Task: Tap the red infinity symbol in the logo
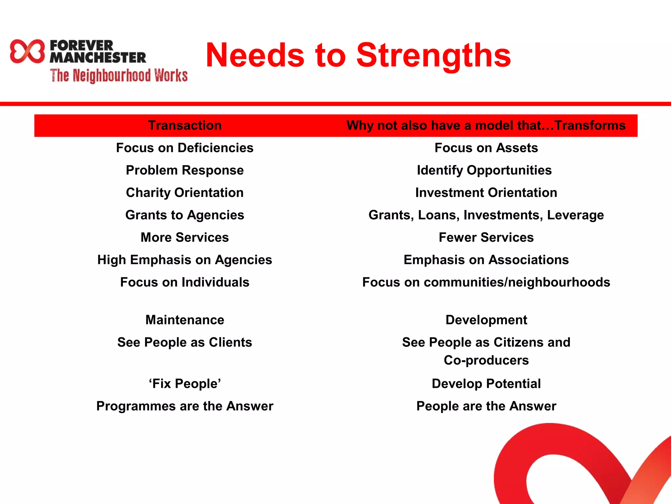27,51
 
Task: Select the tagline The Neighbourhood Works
119,75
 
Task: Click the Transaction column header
185,125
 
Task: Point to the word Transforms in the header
590,125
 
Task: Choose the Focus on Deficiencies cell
185,148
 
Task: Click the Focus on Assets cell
486,148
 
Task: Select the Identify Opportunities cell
484,170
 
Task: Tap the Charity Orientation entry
185,193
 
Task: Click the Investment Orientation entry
486,193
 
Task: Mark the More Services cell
185,237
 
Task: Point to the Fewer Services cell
486,237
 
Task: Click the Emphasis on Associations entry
486,260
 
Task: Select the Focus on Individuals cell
185,282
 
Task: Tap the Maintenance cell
185,320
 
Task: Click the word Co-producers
486,360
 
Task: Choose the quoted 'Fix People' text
185,384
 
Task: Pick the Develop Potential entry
486,384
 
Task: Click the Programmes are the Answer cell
185,406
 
